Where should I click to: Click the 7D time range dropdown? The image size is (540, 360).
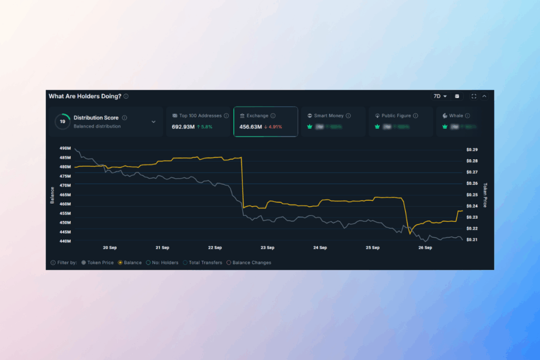click(x=440, y=96)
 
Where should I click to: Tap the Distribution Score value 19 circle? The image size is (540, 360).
click(x=63, y=122)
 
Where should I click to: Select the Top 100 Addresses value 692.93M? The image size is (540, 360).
click(x=184, y=127)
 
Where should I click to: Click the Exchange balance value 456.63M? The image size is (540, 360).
click(x=250, y=127)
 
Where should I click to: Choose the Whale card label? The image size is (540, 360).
click(x=456, y=115)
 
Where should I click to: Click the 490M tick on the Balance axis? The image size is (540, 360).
click(x=65, y=149)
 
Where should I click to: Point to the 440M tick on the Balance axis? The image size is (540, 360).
click(x=65, y=241)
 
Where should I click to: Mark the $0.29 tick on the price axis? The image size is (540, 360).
click(x=471, y=150)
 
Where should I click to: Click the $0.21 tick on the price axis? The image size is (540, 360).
click(x=471, y=240)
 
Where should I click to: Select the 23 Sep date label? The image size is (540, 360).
click(x=267, y=247)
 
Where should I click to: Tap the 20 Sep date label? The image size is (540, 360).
click(x=109, y=247)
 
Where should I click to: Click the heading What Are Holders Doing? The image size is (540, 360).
click(x=85, y=96)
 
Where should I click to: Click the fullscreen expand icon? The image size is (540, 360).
click(x=474, y=96)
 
